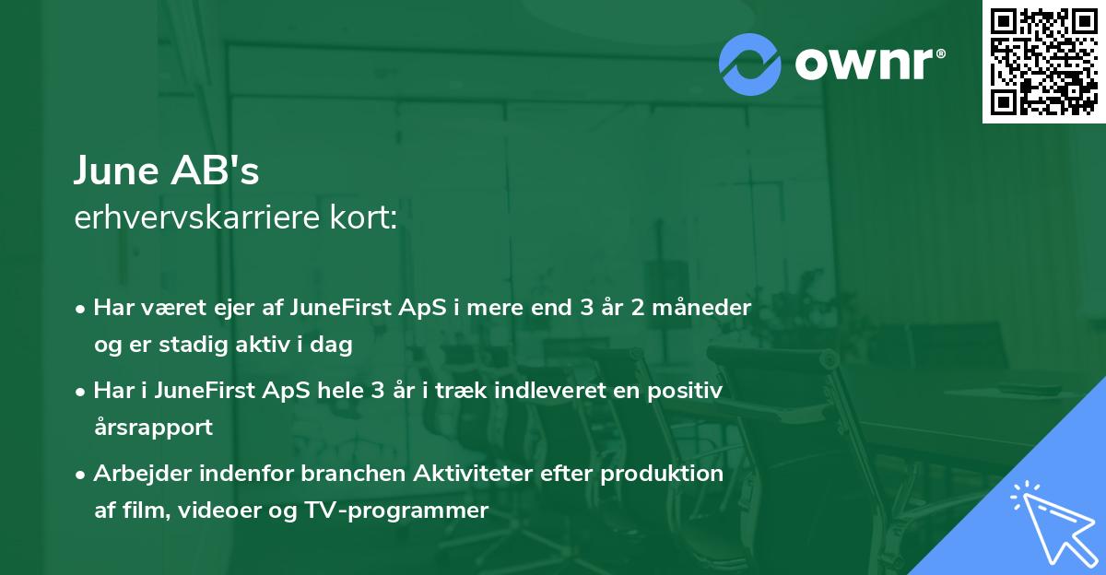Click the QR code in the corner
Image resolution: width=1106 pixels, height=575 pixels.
(x=1043, y=62)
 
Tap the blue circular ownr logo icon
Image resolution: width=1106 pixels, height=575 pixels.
(x=750, y=65)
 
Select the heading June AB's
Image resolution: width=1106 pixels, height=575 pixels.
(x=167, y=171)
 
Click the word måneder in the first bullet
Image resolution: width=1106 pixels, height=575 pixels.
(x=707, y=308)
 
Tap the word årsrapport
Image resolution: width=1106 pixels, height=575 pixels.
(x=153, y=428)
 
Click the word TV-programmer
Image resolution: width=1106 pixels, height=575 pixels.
(x=408, y=510)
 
